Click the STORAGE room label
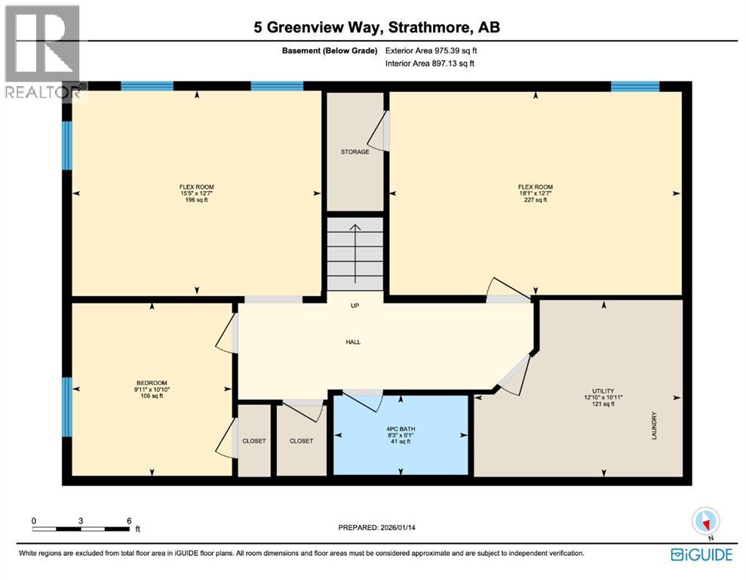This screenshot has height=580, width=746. (355, 152)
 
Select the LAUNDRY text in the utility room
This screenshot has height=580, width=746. (655, 425)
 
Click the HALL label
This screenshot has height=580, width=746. (353, 342)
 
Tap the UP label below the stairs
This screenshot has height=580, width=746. (354, 306)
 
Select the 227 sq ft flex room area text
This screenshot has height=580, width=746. (535, 200)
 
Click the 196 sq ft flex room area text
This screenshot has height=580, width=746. (195, 200)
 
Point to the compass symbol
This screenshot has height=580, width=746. (706, 521)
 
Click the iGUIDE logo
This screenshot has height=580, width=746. (701, 555)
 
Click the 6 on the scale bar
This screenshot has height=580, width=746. (129, 521)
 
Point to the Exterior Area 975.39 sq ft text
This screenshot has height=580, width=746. (431, 51)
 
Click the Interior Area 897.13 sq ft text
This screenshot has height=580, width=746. (430, 64)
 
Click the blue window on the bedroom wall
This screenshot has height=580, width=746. (66, 407)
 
